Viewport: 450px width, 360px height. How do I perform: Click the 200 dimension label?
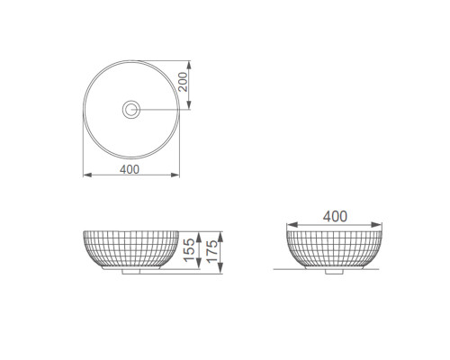[183, 82]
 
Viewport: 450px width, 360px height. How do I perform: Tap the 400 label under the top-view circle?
[130, 169]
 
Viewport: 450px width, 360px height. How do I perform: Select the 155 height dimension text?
[189, 250]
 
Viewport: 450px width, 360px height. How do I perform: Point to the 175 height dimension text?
[211, 251]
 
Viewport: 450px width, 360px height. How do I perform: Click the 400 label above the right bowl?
[335, 216]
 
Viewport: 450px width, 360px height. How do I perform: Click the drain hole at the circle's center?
[131, 109]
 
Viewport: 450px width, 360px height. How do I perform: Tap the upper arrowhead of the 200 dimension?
[189, 65]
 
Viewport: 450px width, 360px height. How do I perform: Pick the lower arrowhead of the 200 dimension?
[189, 104]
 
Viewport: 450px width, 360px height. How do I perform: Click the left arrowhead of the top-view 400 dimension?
[87, 175]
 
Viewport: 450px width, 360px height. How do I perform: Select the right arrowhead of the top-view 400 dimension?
[175, 175]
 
